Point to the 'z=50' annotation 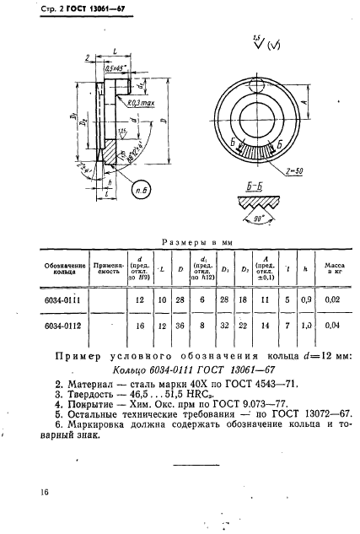pos(295,170)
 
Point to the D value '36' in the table pos(180,324)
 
